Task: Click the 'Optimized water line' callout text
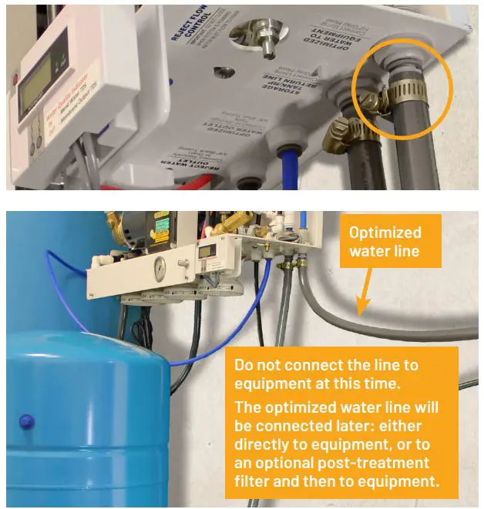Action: coord(385,241)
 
